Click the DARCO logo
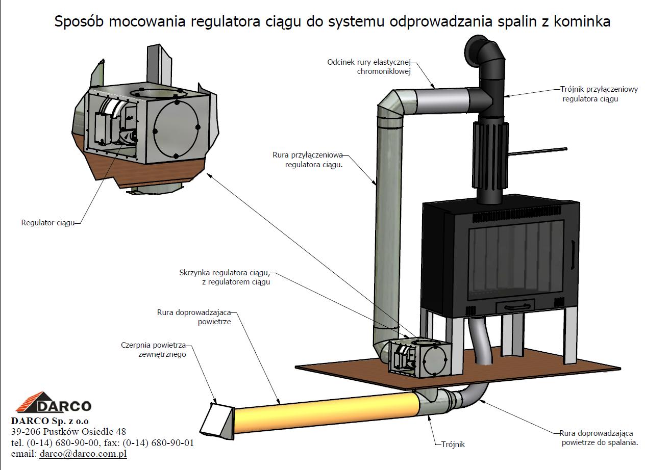[x=54, y=403]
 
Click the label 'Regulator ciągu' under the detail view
[x=48, y=223]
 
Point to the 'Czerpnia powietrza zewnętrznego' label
[x=153, y=349]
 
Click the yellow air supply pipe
[x=327, y=410]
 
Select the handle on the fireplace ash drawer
[x=515, y=305]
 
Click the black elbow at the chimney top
[x=485, y=54]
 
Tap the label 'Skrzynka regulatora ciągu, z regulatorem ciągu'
[x=225, y=277]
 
